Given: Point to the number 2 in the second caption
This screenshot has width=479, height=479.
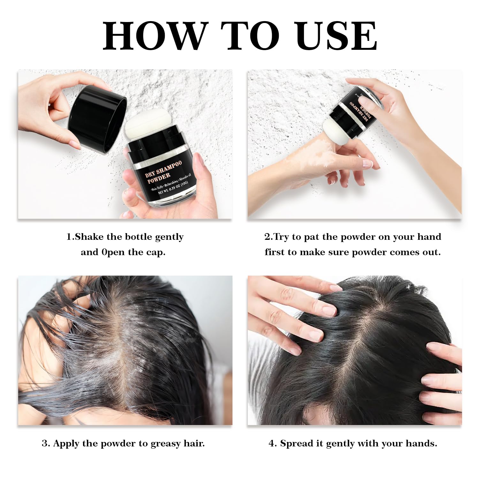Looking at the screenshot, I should [267, 237].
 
